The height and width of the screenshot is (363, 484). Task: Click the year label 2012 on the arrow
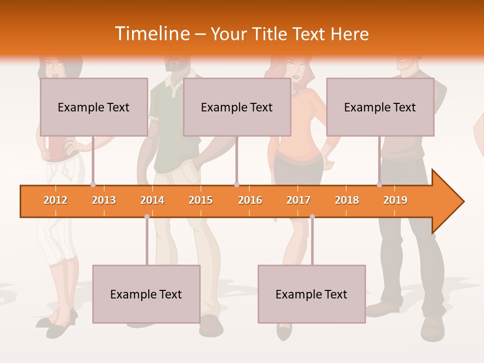pos(55,200)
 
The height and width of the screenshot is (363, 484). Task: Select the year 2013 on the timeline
pos(104,200)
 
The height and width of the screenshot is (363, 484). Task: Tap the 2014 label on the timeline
pos(152,200)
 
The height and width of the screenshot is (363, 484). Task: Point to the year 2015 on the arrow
pos(201,200)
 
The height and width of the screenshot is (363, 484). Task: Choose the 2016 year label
pos(250,200)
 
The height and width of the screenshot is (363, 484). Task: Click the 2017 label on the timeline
pos(298,200)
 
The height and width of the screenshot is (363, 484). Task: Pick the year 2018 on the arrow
pos(347,200)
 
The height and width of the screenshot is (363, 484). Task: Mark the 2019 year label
pos(395,200)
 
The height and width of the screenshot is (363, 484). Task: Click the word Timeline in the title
pos(152,34)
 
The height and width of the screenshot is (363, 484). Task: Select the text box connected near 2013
pos(94,107)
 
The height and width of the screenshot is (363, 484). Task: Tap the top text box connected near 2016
pos(237,107)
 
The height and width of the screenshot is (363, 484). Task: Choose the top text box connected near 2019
pos(380,107)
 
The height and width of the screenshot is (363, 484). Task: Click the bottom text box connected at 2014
pos(146,294)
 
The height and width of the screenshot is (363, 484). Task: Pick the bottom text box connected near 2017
pos(312,294)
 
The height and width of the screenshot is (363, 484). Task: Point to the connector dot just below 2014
pos(147,216)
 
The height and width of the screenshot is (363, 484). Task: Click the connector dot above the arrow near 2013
pos(93,185)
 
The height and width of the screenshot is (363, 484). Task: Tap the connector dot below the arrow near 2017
pos(312,216)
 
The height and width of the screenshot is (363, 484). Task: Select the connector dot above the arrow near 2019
pos(379,185)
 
